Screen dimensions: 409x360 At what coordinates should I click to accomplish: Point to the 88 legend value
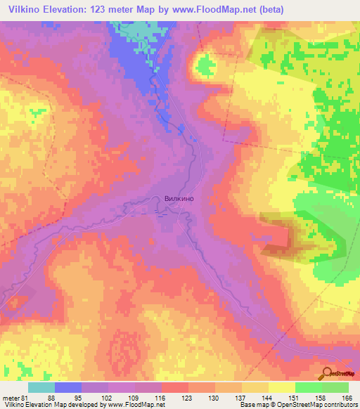click(x=51, y=397)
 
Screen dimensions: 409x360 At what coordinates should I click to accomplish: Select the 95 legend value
click(x=77, y=397)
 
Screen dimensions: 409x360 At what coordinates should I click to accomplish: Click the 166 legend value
click(x=346, y=397)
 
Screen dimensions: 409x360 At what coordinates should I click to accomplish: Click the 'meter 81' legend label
click(x=14, y=397)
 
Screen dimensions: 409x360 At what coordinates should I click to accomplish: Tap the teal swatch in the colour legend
click(x=41, y=387)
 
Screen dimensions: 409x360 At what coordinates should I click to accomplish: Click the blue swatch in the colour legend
click(x=68, y=387)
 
